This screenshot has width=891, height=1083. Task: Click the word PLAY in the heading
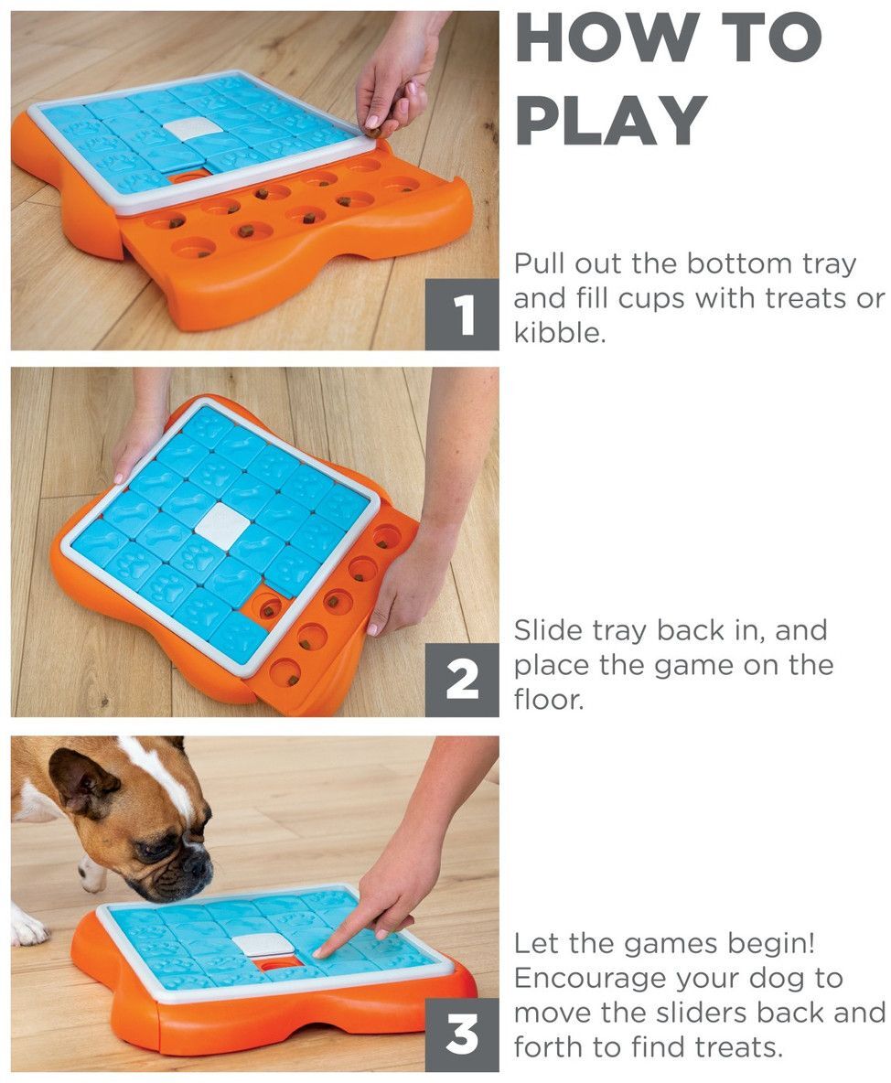(611, 120)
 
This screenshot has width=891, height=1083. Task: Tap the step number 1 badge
(462, 316)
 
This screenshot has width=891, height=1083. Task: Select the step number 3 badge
(462, 1035)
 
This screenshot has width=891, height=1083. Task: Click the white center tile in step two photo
(222, 525)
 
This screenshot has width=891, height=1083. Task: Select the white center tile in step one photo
(194, 128)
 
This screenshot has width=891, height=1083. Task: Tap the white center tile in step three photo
(262, 944)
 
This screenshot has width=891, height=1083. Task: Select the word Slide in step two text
(546, 630)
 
